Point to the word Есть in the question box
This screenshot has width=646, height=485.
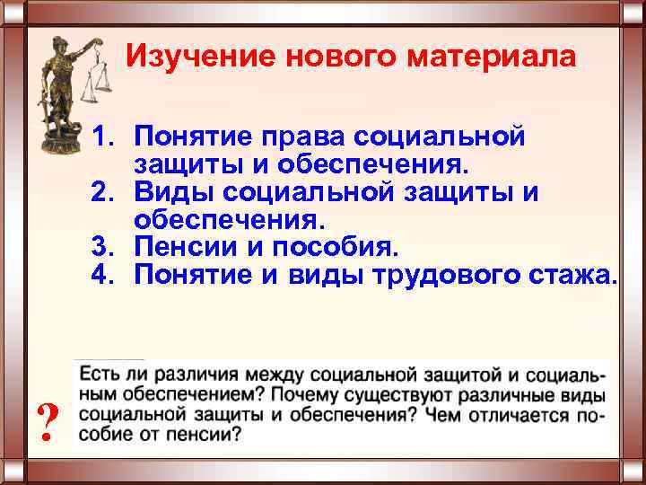point(97,372)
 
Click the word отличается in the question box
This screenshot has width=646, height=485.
point(520,416)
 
